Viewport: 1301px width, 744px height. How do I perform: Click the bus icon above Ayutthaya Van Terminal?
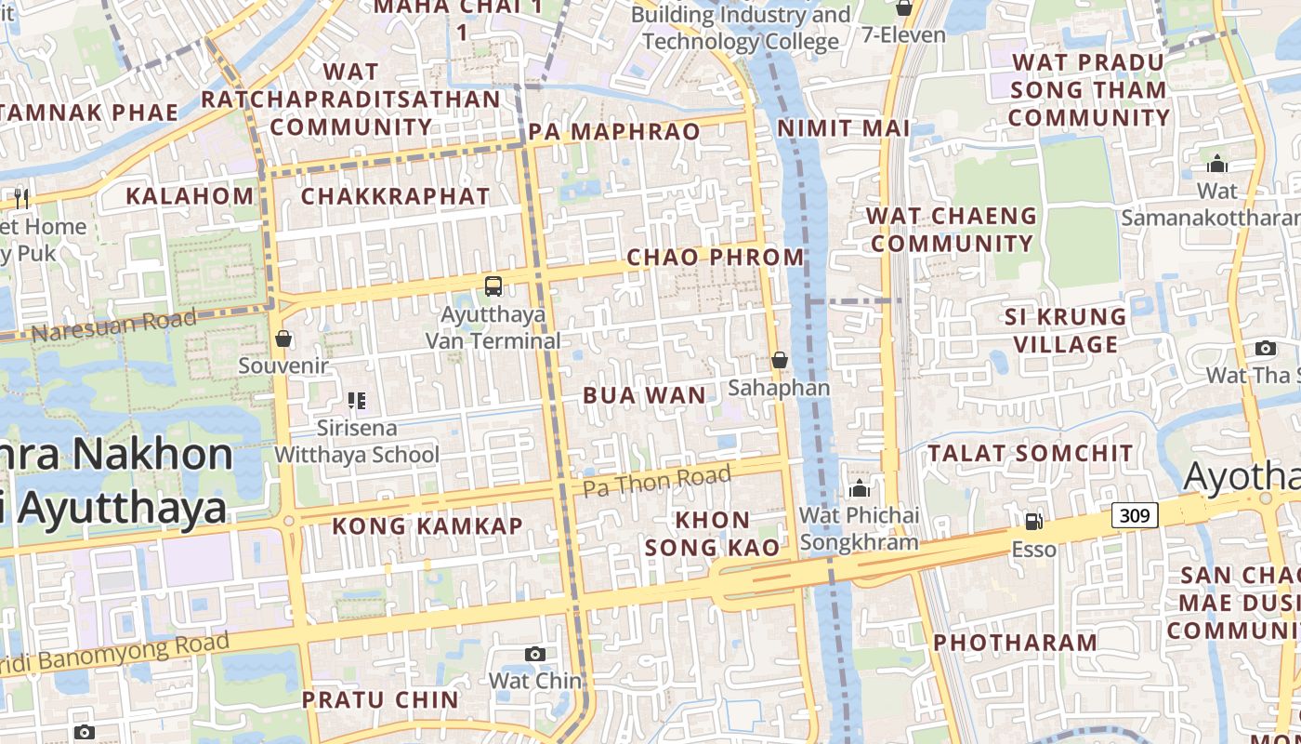493,286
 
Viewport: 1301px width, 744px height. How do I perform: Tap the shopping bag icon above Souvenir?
283,339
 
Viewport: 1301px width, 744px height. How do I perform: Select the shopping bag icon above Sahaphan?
779,360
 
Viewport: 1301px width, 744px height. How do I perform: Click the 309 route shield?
1135,514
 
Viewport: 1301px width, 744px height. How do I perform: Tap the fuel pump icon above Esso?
1033,522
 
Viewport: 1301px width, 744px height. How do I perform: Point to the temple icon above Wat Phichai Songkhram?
859,488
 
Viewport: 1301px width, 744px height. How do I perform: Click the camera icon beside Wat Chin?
535,654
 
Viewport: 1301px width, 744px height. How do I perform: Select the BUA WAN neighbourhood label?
645,395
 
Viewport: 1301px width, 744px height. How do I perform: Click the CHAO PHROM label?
716,257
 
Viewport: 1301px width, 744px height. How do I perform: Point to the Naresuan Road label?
113,325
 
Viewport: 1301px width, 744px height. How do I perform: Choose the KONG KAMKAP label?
427,526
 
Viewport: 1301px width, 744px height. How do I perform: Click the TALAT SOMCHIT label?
1031,454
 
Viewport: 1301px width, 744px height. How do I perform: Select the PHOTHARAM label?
1016,643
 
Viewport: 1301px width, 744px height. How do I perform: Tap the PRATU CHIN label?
380,699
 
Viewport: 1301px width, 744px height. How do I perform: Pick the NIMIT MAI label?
843,128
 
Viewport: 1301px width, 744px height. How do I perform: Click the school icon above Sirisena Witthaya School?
357,401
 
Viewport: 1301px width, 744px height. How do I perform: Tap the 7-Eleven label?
903,35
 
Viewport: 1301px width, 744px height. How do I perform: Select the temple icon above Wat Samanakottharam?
1217,165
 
